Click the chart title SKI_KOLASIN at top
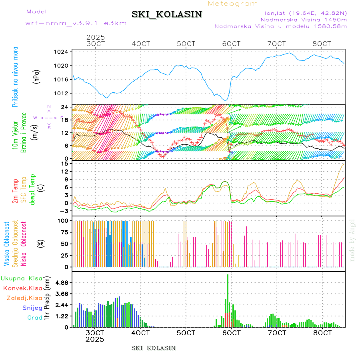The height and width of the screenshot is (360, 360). click(167, 14)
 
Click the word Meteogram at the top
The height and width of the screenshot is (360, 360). click(233, 4)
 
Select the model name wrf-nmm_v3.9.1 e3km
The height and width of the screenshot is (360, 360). click(76, 23)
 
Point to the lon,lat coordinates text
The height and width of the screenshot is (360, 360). click(303, 13)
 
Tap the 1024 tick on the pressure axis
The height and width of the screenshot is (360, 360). click(61, 52)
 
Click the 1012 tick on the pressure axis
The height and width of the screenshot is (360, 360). click(61, 93)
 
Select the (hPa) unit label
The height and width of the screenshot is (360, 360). click(37, 76)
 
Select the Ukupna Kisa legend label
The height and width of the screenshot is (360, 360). click(21, 278)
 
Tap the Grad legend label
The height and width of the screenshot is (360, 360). click(34, 318)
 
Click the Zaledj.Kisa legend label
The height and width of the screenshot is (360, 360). click(25, 298)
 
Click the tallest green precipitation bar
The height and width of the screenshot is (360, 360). click(228, 300)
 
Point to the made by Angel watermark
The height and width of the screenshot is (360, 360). click(352, 240)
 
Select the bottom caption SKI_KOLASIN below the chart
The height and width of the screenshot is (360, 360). click(154, 348)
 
